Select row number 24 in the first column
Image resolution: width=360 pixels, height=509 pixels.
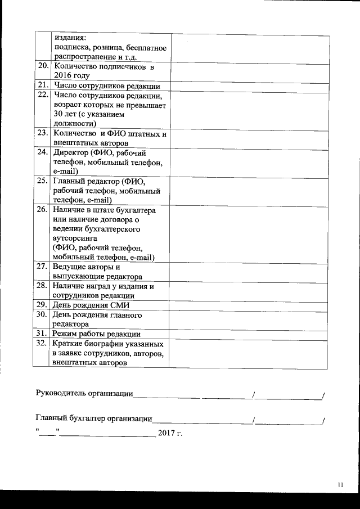[42, 152]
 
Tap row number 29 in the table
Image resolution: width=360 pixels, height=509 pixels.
[42, 305]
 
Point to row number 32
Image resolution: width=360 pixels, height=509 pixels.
[42, 344]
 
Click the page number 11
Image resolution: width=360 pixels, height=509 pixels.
[340, 485]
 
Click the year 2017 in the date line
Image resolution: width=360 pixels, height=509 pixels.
[166, 433]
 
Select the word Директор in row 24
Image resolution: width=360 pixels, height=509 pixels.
[70, 152]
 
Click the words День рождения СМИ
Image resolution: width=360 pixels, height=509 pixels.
[91, 305]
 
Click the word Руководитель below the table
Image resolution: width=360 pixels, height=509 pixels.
[61, 393]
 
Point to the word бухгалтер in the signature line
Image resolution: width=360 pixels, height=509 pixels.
[87, 418]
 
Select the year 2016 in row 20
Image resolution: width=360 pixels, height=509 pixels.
[64, 76]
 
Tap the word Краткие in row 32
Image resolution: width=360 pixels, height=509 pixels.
[68, 344]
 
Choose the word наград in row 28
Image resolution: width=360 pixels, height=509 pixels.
[98, 286]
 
